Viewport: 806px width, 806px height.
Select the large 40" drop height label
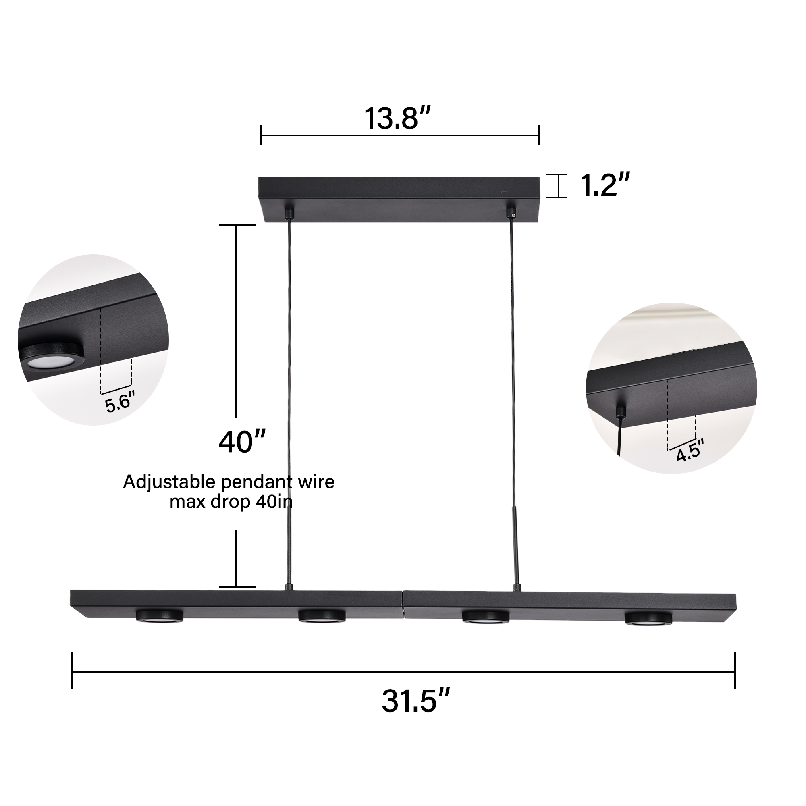click(x=242, y=442)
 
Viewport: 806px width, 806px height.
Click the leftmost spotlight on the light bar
click(x=159, y=615)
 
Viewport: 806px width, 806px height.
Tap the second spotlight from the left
click(x=322, y=616)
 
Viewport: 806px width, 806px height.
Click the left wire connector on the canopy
click(x=288, y=213)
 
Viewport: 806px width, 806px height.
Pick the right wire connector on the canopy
click(x=511, y=213)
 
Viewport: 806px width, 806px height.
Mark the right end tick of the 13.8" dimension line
click(x=540, y=135)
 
